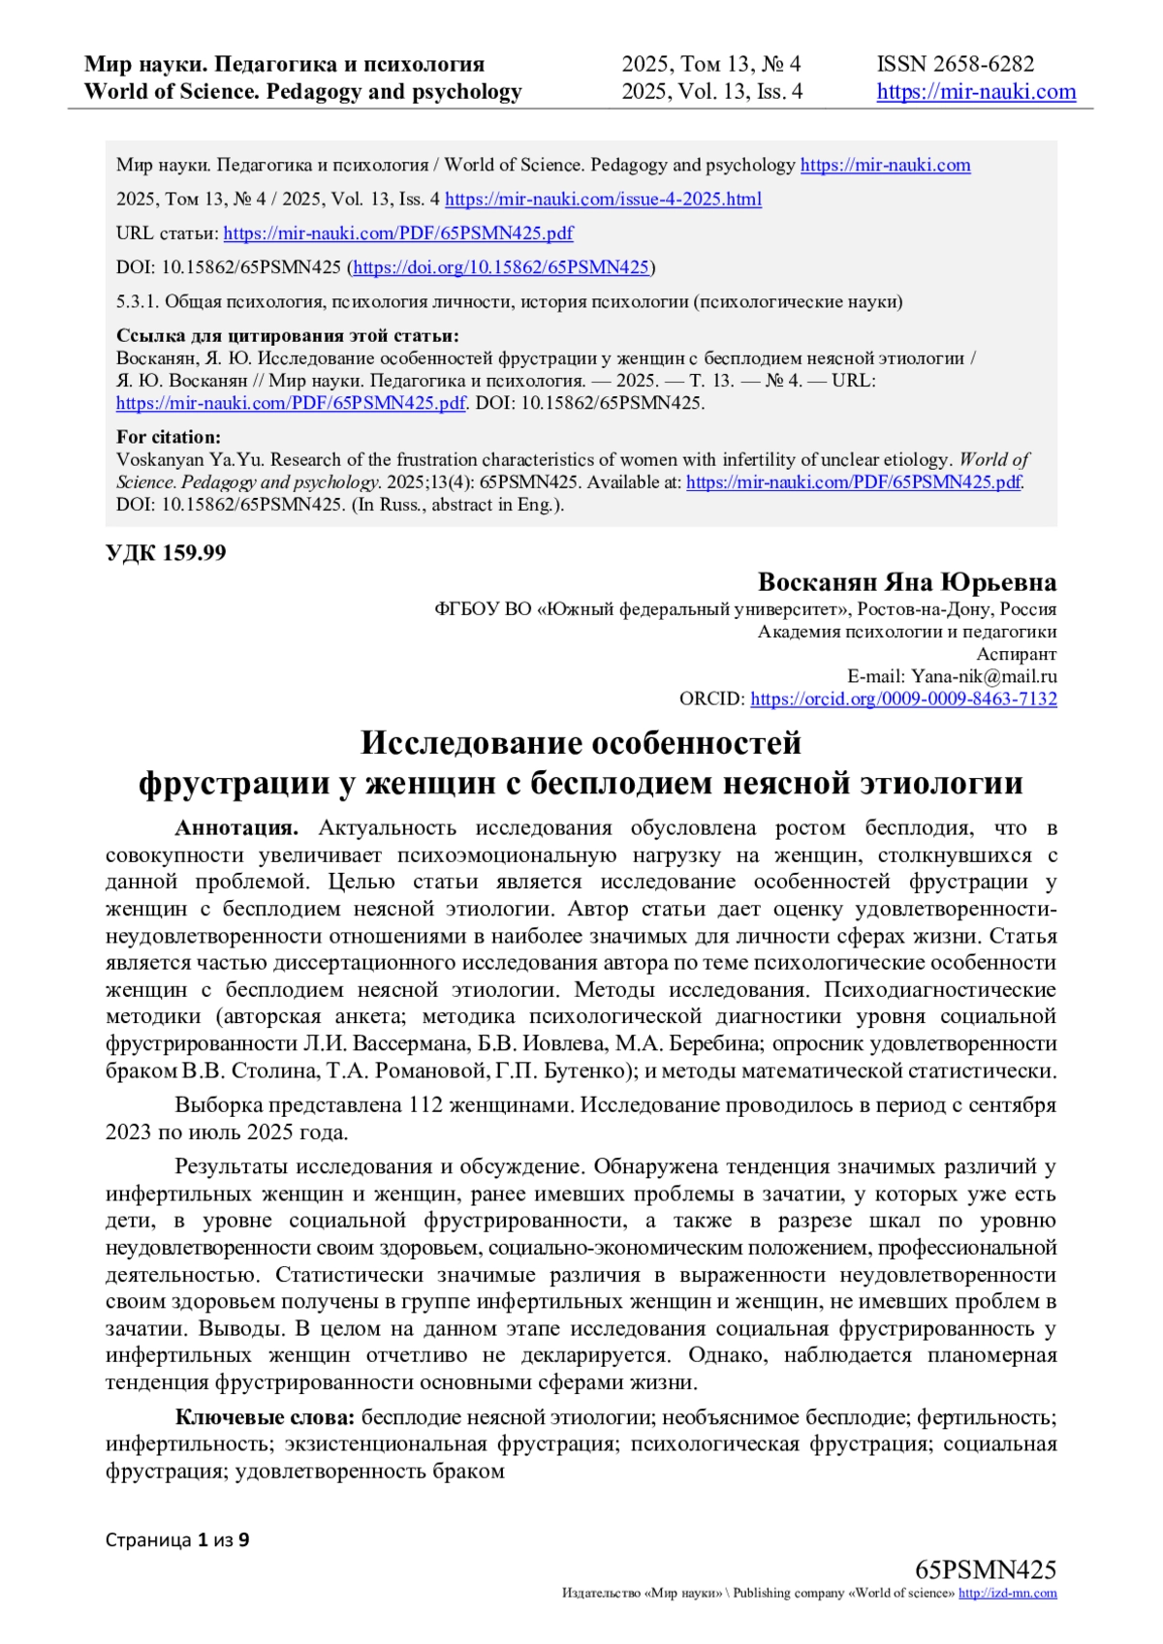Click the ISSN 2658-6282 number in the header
[x=955, y=64]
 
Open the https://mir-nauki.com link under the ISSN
[x=976, y=92]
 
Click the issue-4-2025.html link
[x=603, y=200]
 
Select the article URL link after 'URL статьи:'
[x=397, y=233]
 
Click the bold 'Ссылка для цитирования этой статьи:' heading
[x=287, y=336]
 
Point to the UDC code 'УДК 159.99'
[x=166, y=553]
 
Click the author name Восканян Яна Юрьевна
[x=906, y=582]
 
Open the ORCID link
[x=903, y=699]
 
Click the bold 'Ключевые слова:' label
[x=265, y=1417]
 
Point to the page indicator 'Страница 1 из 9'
[x=177, y=1539]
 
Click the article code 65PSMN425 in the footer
[x=985, y=1570]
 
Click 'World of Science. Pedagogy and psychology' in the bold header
[x=302, y=92]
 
